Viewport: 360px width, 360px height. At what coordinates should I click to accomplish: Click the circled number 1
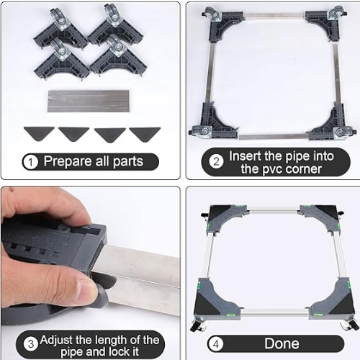pos(30,162)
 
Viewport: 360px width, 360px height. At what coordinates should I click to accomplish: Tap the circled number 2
pos(216,162)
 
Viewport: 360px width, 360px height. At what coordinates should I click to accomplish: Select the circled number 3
pos(31,345)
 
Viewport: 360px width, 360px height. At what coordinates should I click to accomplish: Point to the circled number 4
pos(216,344)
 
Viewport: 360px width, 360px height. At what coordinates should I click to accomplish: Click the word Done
pos(282,343)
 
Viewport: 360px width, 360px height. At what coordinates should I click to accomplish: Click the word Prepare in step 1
pos(68,161)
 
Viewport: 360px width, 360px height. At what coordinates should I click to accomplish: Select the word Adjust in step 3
pos(56,340)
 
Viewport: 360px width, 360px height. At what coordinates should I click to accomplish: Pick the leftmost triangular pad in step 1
pos(39,133)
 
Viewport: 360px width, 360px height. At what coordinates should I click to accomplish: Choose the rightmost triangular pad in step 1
pos(145,134)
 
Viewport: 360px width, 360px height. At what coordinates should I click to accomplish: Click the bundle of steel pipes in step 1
pos(89,101)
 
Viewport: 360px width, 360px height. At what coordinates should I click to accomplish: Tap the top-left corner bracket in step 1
pos(60,30)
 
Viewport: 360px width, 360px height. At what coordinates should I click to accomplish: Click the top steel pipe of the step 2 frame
pos(275,17)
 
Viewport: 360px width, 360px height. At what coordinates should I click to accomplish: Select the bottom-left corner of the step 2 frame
pos(214,122)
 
